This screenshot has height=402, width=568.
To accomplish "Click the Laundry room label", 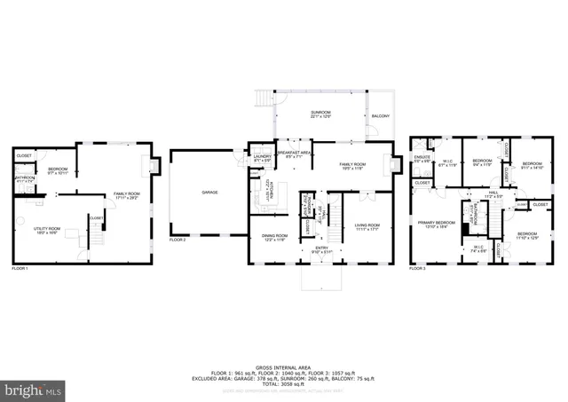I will pyautogui.click(x=261, y=159).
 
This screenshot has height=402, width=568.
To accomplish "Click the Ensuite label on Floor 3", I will pyautogui.click(x=422, y=159).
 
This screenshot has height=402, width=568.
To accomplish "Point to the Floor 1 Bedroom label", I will pyautogui.click(x=58, y=169).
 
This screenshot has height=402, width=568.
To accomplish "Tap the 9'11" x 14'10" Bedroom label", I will pyautogui.click(x=532, y=165).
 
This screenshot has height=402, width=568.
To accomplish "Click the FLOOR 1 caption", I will pyautogui.click(x=20, y=268).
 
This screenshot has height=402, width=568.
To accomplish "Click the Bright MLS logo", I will pyautogui.click(x=34, y=389).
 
